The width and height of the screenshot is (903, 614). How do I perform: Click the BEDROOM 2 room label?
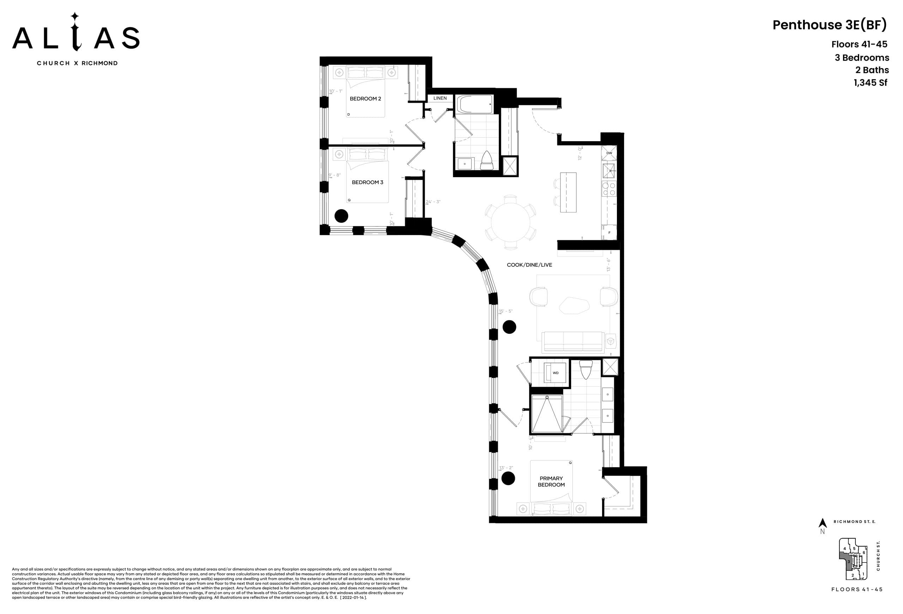[x=365, y=99]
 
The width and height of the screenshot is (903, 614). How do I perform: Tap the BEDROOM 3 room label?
[x=367, y=182]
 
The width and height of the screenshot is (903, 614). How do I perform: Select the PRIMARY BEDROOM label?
[x=551, y=481]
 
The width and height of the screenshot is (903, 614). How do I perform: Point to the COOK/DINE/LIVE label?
[x=529, y=265]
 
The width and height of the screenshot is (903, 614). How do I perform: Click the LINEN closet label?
[x=440, y=98]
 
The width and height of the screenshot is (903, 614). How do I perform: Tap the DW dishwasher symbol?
[x=609, y=153]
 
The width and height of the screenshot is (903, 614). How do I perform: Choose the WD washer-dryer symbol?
[x=555, y=373]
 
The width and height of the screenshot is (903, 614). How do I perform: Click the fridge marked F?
[x=609, y=233]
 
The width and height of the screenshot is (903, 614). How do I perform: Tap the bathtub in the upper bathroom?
[x=474, y=104]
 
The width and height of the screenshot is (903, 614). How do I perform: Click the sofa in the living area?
[x=573, y=342]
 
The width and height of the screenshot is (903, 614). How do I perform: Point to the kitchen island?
[x=568, y=192]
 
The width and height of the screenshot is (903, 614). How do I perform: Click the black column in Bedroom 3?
[x=341, y=216]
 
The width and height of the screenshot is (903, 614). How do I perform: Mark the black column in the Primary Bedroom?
[x=508, y=478]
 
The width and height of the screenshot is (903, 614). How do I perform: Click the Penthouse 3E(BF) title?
[x=829, y=25]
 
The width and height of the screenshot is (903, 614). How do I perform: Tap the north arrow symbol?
[x=822, y=523]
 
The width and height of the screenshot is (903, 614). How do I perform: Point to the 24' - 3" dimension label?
[x=432, y=202]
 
